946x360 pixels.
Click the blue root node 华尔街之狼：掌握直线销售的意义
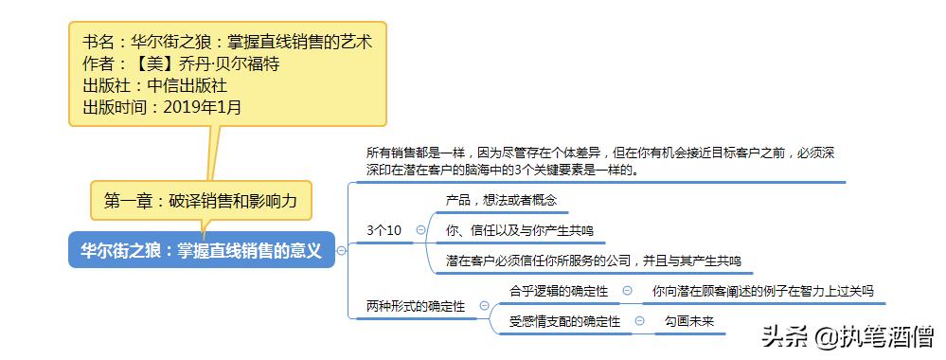tap(201, 251)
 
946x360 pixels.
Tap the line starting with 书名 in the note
tap(227, 43)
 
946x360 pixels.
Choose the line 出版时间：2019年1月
tap(162, 107)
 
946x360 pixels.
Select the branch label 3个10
tap(384, 230)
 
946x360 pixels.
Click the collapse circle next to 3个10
tap(420, 230)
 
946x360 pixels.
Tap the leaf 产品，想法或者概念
tap(501, 201)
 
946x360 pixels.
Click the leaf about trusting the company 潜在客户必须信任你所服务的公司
tap(593, 261)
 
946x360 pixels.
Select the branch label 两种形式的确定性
tap(416, 306)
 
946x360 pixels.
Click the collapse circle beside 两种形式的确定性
tap(484, 306)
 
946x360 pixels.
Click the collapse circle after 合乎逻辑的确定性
tap(628, 291)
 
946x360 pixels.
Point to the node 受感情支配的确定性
tap(564, 321)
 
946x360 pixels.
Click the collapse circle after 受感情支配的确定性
tap(640, 321)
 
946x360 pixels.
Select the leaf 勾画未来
tap(688, 321)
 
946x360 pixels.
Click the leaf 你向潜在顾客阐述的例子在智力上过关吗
tap(763, 291)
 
